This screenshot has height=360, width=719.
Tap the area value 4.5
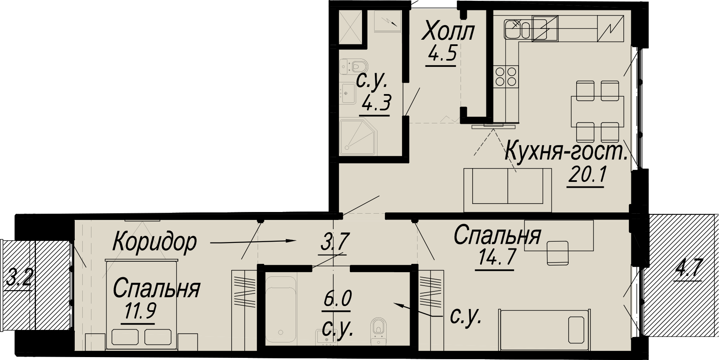click(x=441, y=55)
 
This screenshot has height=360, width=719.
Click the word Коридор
click(x=154, y=242)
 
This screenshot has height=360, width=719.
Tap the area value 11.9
click(x=140, y=311)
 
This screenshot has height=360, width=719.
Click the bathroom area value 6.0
click(x=338, y=299)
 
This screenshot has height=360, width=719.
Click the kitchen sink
click(x=517, y=29)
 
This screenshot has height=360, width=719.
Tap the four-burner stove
click(x=506, y=76)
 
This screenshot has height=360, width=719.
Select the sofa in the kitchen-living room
click(x=508, y=190)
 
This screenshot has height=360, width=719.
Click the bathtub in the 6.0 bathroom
click(x=281, y=309)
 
